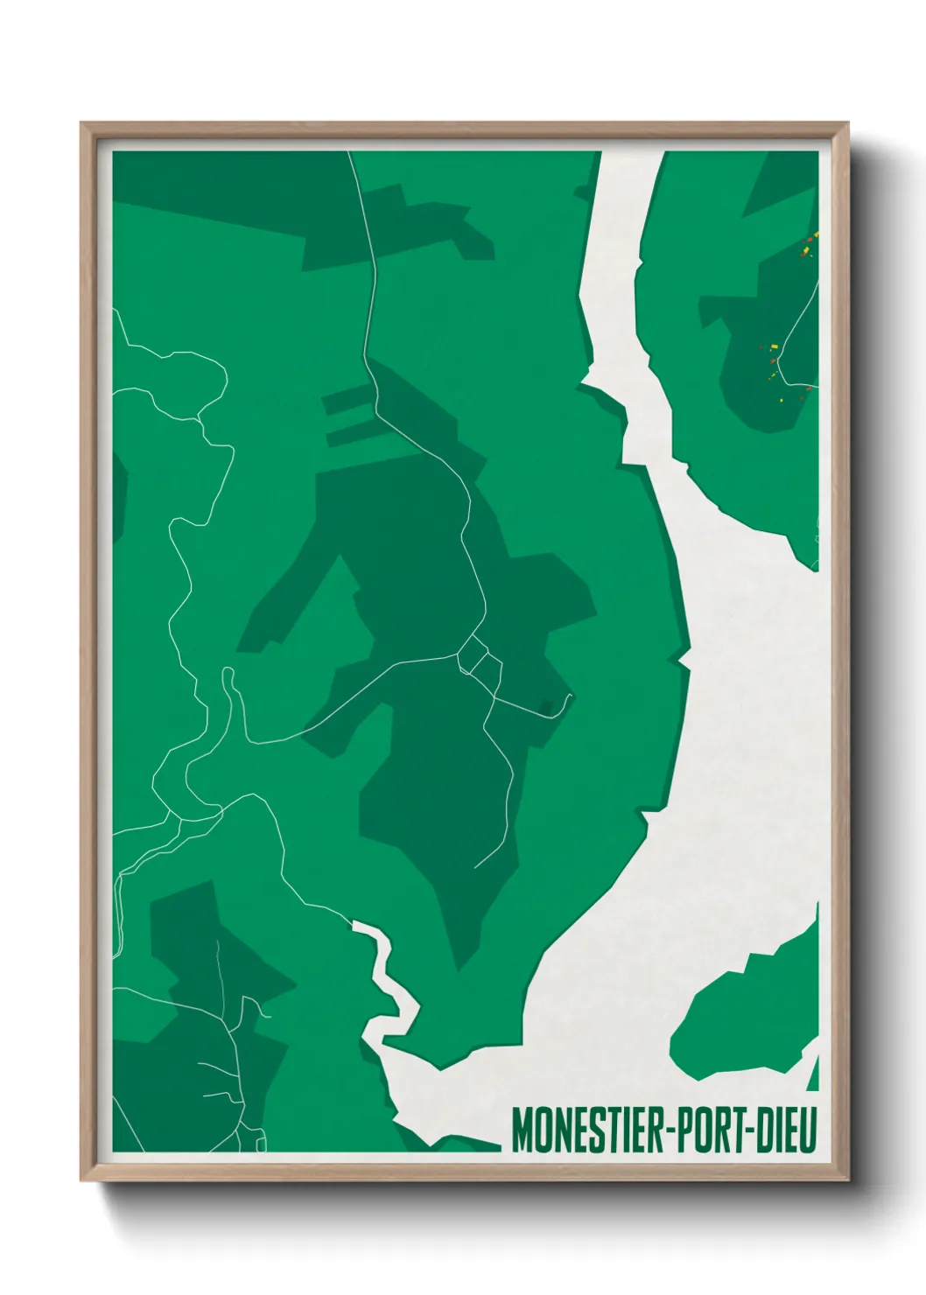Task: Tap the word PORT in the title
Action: pos(710,1130)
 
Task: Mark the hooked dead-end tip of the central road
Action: pos(569,698)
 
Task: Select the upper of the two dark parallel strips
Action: pos(348,401)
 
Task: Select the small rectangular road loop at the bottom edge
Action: pos(260,1139)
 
